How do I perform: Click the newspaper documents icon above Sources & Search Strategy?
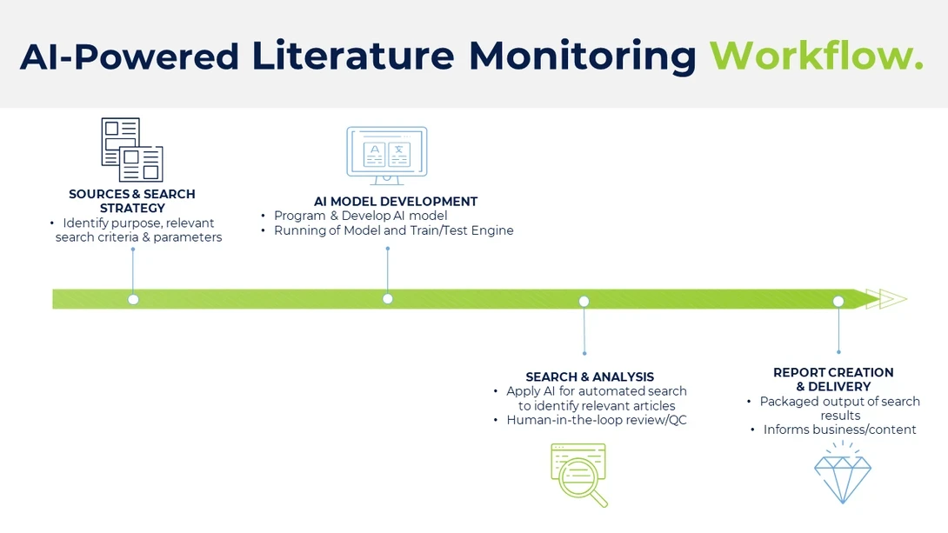[132, 150]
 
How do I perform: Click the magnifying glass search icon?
[579, 475]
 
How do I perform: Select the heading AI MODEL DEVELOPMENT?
[396, 201]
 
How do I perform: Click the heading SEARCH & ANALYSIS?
[590, 376]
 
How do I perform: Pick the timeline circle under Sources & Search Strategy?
[133, 299]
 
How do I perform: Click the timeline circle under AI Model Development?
[388, 299]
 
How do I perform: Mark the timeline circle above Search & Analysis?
[584, 301]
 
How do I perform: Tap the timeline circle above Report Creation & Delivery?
[838, 301]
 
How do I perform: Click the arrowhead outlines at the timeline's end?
[892, 299]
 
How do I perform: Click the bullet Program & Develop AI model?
[360, 216]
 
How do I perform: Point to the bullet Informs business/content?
[839, 430]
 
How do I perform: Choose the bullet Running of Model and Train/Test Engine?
[393, 230]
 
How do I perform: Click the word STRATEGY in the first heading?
[132, 208]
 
